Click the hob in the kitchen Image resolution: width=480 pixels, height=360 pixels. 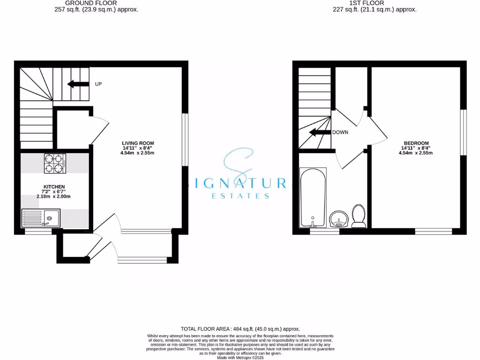pyautogui.click(x=55, y=164)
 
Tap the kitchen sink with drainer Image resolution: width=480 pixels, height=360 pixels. pyautogui.click(x=40, y=217)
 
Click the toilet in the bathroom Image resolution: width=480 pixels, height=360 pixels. pyautogui.click(x=359, y=216)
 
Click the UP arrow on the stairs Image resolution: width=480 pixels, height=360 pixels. pyautogui.click(x=78, y=84)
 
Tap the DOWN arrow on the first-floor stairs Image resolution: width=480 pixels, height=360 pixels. pyautogui.click(x=319, y=132)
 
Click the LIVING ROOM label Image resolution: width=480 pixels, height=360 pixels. pyautogui.click(x=138, y=143)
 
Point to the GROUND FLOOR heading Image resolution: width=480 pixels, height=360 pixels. pyautogui.click(x=91, y=3)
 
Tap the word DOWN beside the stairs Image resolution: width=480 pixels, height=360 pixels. pyautogui.click(x=340, y=132)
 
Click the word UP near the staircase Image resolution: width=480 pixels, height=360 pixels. pyautogui.click(x=98, y=84)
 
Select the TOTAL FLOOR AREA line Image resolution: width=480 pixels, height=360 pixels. pyautogui.click(x=240, y=329)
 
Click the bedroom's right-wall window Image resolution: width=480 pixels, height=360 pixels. pyautogui.click(x=463, y=132)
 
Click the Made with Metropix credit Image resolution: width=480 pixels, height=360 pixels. pyautogui.click(x=240, y=357)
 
